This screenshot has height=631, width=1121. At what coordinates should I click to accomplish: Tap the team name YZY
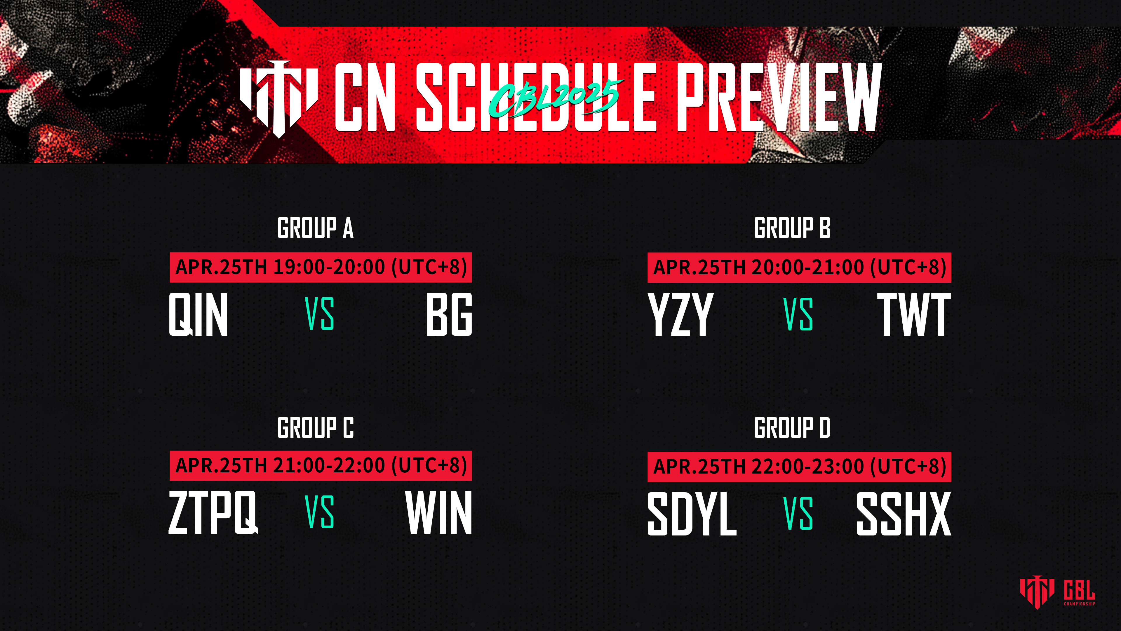tap(680, 314)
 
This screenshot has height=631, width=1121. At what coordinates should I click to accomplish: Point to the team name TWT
tap(914, 314)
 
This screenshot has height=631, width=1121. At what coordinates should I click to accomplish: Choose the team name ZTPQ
tap(213, 512)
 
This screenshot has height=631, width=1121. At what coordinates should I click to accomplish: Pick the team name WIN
tap(439, 512)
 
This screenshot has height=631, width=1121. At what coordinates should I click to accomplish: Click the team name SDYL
tap(692, 514)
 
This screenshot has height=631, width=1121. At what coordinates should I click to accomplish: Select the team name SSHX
tap(904, 514)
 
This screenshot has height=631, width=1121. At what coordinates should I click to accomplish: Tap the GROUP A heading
tap(316, 228)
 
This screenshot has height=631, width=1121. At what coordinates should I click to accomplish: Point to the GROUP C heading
tap(316, 428)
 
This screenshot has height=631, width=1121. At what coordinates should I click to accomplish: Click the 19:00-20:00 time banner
tap(321, 267)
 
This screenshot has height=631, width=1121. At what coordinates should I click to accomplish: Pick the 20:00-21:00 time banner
tap(799, 267)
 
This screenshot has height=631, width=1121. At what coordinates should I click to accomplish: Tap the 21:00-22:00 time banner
tap(321, 466)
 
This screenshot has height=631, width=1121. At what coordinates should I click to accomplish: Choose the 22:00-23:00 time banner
tap(799, 467)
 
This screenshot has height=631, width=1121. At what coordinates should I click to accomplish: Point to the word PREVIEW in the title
tap(779, 97)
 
